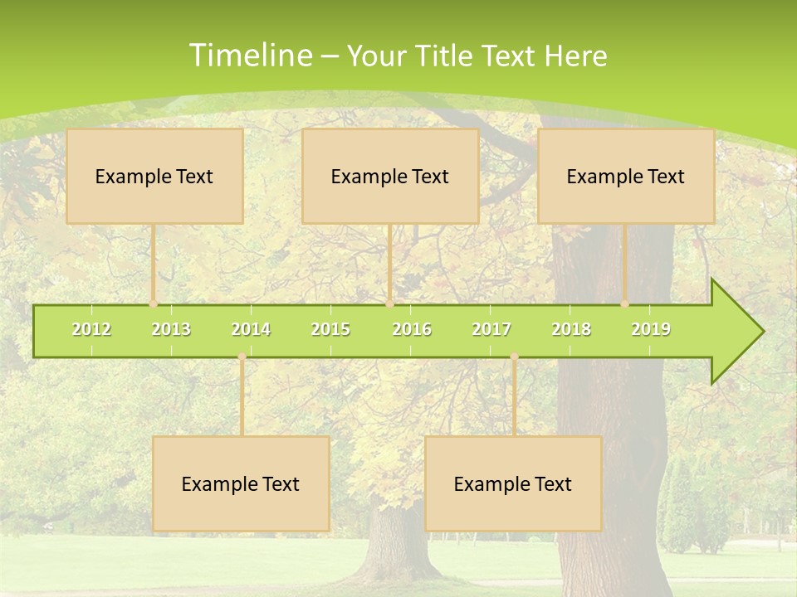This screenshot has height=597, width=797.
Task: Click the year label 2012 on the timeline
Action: pyautogui.click(x=91, y=329)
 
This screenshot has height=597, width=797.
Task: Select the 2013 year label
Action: pyautogui.click(x=171, y=329)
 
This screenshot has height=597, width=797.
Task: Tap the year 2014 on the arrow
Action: pyautogui.click(x=251, y=329)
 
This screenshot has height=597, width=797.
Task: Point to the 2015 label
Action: pyautogui.click(x=330, y=329)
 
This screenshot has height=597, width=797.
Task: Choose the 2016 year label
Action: pyautogui.click(x=412, y=329)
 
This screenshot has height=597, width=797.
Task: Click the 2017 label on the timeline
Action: pyautogui.click(x=491, y=329)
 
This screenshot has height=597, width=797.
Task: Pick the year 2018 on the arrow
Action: pyautogui.click(x=571, y=329)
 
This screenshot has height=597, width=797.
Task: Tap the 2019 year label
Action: pyautogui.click(x=651, y=329)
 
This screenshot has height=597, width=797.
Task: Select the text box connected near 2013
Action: pyautogui.click(x=154, y=176)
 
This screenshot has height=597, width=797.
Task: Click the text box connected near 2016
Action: pyautogui.click(x=390, y=176)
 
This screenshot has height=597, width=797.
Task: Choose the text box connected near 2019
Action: pyautogui.click(x=626, y=176)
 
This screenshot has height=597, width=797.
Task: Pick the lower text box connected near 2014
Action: pyautogui.click(x=241, y=483)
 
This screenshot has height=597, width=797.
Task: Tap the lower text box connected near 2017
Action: pyautogui.click(x=513, y=483)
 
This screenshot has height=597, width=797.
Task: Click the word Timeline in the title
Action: pyautogui.click(x=249, y=56)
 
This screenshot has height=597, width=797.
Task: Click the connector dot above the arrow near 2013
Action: pyautogui.click(x=153, y=304)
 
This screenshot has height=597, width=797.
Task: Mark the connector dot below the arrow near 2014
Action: pyautogui.click(x=242, y=357)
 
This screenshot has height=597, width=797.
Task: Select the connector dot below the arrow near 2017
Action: pyautogui.click(x=514, y=357)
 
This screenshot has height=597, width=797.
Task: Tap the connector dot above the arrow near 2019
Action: pyautogui.click(x=625, y=304)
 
